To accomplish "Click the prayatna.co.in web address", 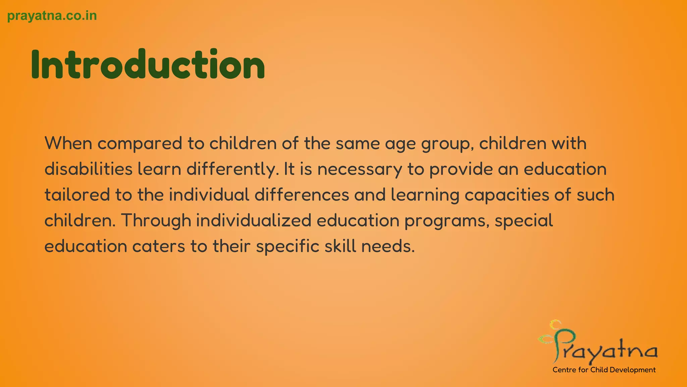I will click(52, 16).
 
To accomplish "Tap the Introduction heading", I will click(148, 64).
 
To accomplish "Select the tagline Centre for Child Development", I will click(604, 370).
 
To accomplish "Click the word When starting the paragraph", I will click(68, 143).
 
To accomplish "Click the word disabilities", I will click(89, 169).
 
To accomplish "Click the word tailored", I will click(77, 195).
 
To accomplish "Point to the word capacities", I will click(507, 195).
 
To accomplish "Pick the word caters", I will click(158, 247).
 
